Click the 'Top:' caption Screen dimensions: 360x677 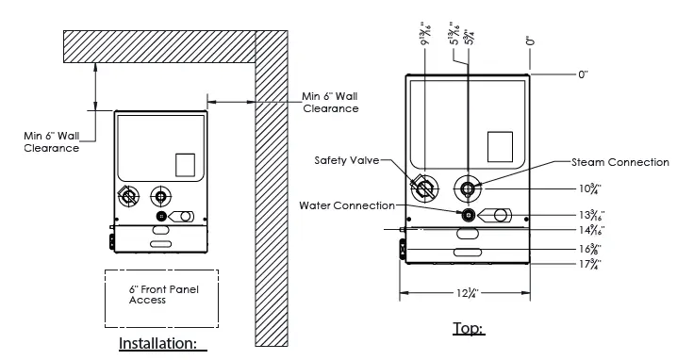tap(470, 329)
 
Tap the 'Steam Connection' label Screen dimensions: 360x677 tap(619, 162)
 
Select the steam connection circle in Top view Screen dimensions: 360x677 tap(468, 188)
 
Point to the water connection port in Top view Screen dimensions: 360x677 tap(468, 214)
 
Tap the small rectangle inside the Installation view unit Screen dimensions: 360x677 tap(186, 165)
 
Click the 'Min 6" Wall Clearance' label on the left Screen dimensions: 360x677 tap(51, 141)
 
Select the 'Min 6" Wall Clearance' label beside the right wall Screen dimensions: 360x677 tap(330, 102)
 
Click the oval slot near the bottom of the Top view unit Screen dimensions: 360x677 tap(469, 253)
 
